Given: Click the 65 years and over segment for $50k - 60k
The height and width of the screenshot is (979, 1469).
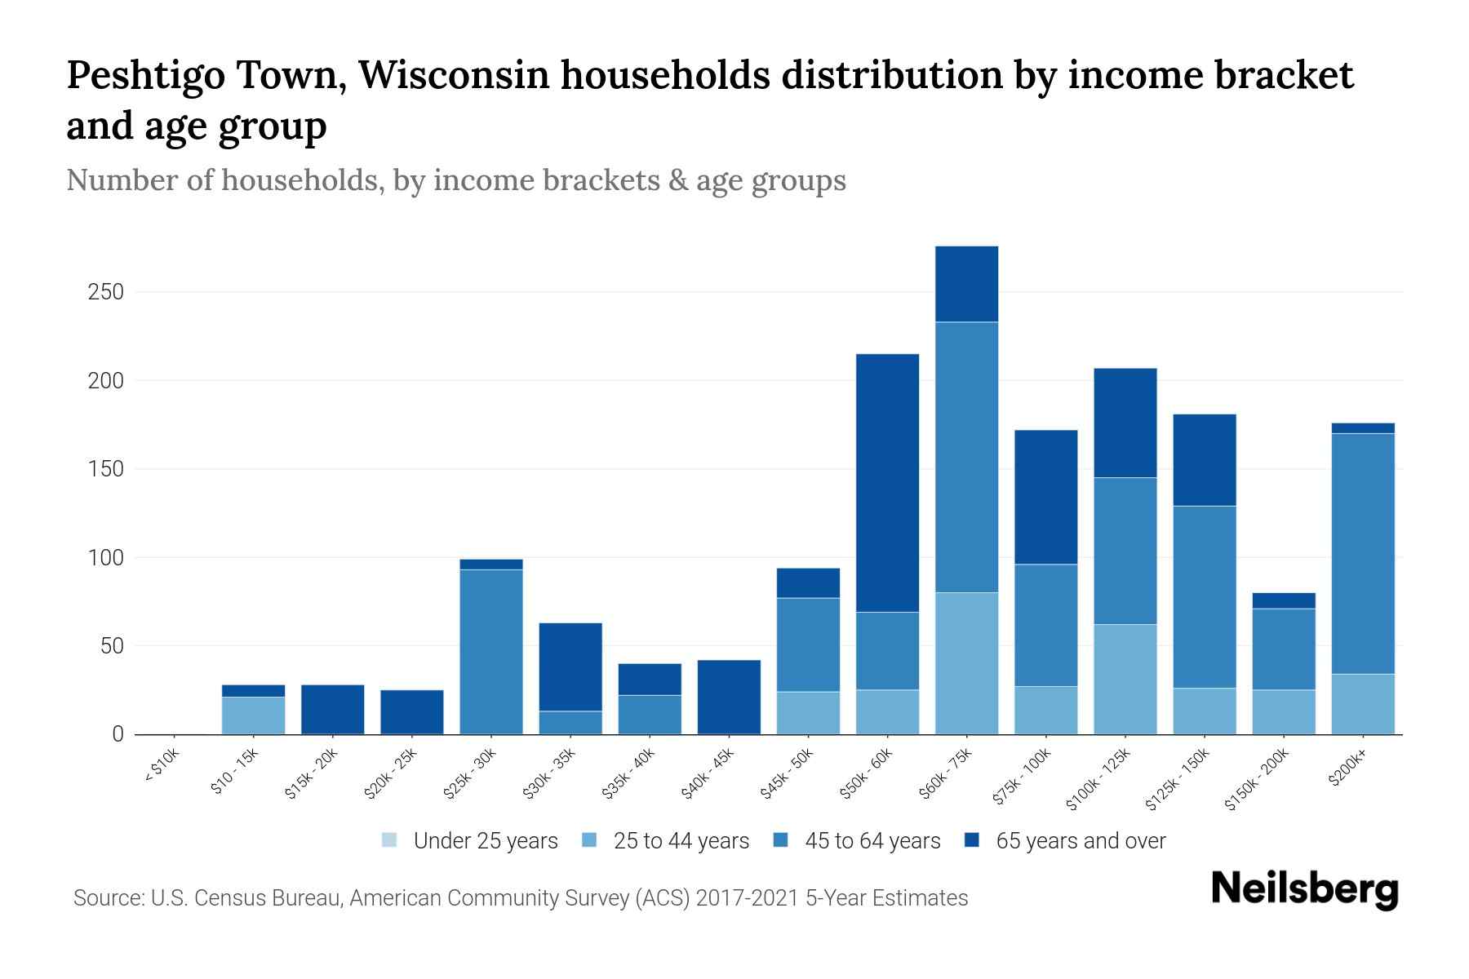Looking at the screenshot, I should pyautogui.click(x=887, y=482).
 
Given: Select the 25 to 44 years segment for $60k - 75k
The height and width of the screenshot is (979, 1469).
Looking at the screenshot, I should pyautogui.click(x=966, y=662).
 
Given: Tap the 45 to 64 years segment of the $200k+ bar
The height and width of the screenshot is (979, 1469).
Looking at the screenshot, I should pyautogui.click(x=1362, y=553).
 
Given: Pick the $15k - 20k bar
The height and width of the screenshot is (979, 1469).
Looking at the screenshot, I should pyautogui.click(x=332, y=709).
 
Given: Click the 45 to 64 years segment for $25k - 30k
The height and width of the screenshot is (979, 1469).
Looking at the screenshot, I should pyautogui.click(x=490, y=651).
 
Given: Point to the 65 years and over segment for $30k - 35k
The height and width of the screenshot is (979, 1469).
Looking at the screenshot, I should pyautogui.click(x=570, y=667).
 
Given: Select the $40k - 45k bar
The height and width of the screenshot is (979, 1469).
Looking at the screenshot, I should pyautogui.click(x=729, y=697).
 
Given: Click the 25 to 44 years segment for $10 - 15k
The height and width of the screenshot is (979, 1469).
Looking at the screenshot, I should pyautogui.click(x=253, y=715).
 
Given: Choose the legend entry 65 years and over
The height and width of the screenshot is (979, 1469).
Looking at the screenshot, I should pyautogui.click(x=1065, y=841).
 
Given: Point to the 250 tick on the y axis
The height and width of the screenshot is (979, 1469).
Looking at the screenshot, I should pyautogui.click(x=105, y=292).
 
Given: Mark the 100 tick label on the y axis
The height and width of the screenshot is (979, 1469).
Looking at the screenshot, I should pyautogui.click(x=105, y=558).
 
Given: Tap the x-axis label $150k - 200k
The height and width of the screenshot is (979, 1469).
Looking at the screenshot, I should pyautogui.click(x=1258, y=779).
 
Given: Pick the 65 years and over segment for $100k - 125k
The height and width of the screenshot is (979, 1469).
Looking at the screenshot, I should pyautogui.click(x=1125, y=423).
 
